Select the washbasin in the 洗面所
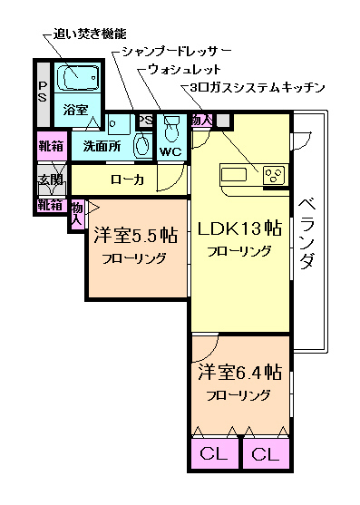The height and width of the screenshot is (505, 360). [x=141, y=143]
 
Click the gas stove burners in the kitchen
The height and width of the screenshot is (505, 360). [x=273, y=175]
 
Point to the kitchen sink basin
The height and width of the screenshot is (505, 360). [x=234, y=174]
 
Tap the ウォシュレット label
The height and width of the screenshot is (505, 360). [x=185, y=70]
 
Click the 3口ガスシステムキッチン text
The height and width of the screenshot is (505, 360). [x=258, y=88]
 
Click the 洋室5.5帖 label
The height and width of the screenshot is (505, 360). [x=134, y=235]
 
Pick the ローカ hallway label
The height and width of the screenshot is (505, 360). [x=127, y=180]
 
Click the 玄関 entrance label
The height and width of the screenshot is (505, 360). [x=50, y=180]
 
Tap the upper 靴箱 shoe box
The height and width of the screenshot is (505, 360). [x=50, y=146]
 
